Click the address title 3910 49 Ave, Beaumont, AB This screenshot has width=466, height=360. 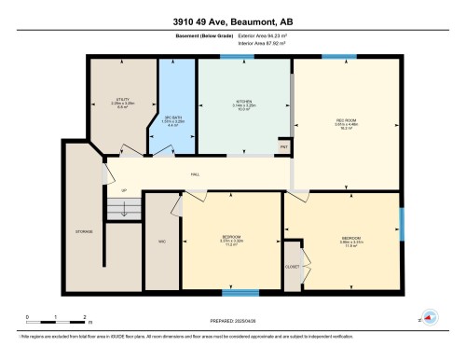coord(232,21)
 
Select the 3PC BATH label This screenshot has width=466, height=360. coord(175,118)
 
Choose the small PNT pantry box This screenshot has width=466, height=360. coord(284,147)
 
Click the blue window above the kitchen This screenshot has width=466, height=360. coord(244,58)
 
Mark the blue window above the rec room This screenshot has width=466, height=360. coord(333,58)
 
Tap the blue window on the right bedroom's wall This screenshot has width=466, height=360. coord(402,222)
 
